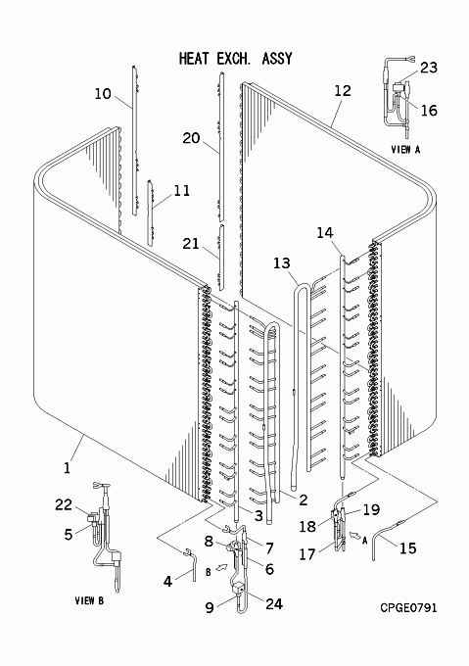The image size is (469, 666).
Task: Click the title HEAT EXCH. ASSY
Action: pos(236,59)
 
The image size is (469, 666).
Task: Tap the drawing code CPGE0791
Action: pos(408,608)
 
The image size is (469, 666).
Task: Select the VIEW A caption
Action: pos(405,150)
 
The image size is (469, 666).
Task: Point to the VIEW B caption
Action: pos(89,600)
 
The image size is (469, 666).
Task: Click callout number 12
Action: pos(343,90)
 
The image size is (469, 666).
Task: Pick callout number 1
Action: pos(67,468)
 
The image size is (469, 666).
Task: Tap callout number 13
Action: pos(281,262)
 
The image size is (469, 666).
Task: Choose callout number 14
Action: pos(325,232)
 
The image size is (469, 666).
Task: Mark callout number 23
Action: pos(429,68)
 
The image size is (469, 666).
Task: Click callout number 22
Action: pos(64,504)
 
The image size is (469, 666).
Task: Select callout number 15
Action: pos(408,547)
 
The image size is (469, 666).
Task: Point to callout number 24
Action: pos(274,603)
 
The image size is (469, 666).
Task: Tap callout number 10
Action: pos(102,93)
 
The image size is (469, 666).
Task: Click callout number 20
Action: pos(191,138)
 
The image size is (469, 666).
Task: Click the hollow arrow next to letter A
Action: pos(353,536)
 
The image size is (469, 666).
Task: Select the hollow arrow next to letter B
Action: pos(221,567)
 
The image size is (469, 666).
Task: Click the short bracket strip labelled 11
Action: pos(150,212)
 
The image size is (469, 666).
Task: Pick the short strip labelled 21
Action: pos(221,258)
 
